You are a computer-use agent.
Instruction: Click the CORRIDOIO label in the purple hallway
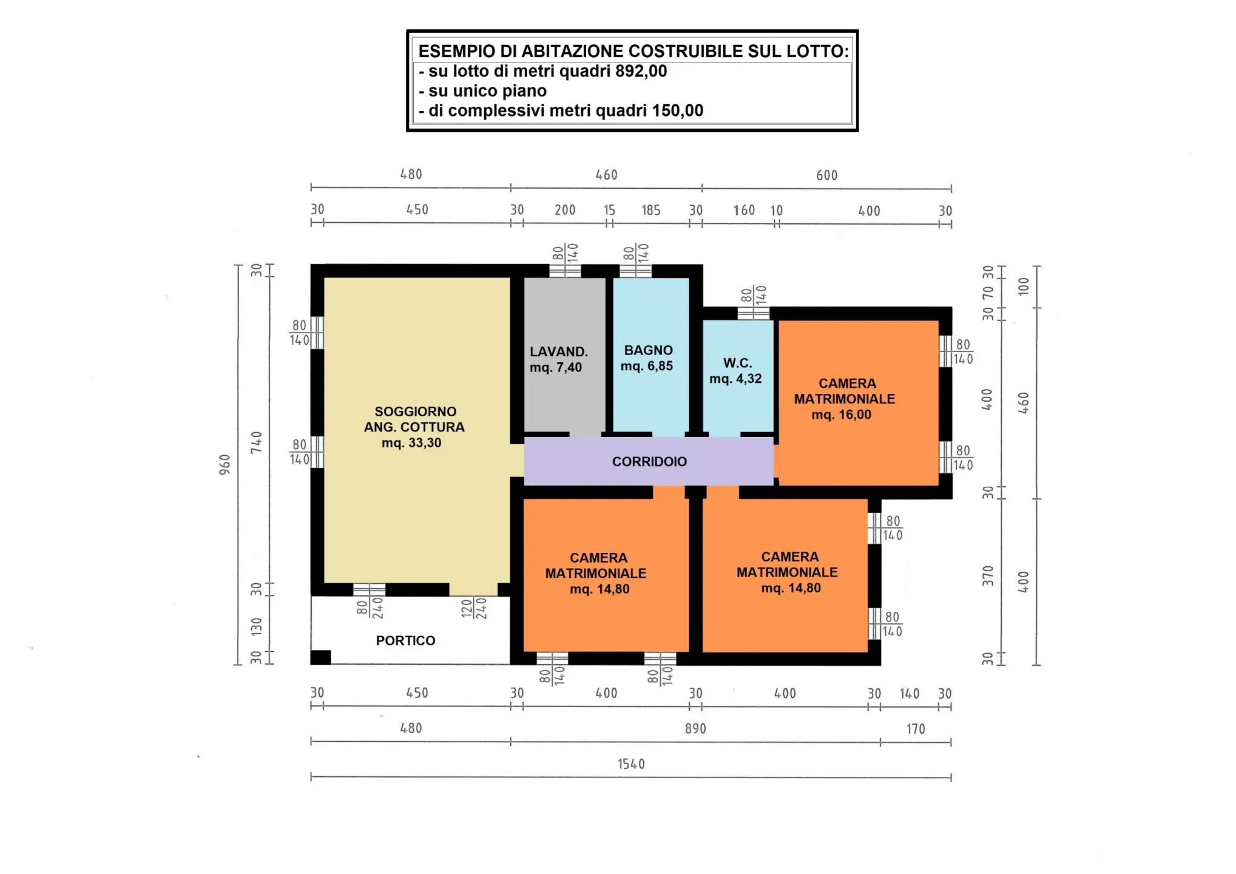[649, 462]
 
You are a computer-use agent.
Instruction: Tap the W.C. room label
[738, 363]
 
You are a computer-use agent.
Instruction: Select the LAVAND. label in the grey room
[559, 352]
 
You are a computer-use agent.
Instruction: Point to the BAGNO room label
[649, 350]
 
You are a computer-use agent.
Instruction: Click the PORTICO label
[405, 641]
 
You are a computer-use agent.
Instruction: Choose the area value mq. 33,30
[411, 443]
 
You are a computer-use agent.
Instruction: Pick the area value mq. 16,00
[842, 415]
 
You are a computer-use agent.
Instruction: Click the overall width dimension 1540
[631, 764]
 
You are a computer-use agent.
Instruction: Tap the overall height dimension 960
[225, 464]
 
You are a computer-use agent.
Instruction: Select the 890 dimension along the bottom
[695, 729]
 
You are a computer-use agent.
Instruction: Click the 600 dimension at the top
[827, 175]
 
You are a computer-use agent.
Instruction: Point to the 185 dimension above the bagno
[651, 210]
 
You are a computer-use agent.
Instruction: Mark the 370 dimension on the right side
[988, 576]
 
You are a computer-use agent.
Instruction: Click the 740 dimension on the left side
[257, 442]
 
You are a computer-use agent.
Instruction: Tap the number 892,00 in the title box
[641, 71]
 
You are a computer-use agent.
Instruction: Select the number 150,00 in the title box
[677, 110]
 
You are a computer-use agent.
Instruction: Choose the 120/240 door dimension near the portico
[474, 608]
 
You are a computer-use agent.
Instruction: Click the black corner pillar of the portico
[321, 657]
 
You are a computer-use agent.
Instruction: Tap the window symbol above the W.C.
[754, 313]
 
